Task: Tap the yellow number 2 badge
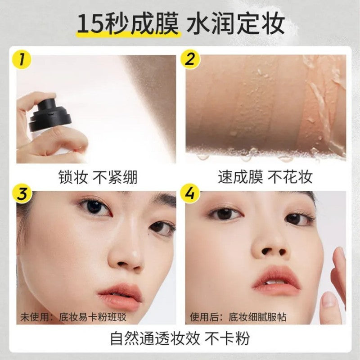(x=189, y=58)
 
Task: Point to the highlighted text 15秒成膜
(x=128, y=23)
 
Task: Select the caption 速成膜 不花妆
(x=265, y=177)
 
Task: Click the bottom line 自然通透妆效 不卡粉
(x=180, y=337)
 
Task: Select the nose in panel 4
(x=269, y=245)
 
